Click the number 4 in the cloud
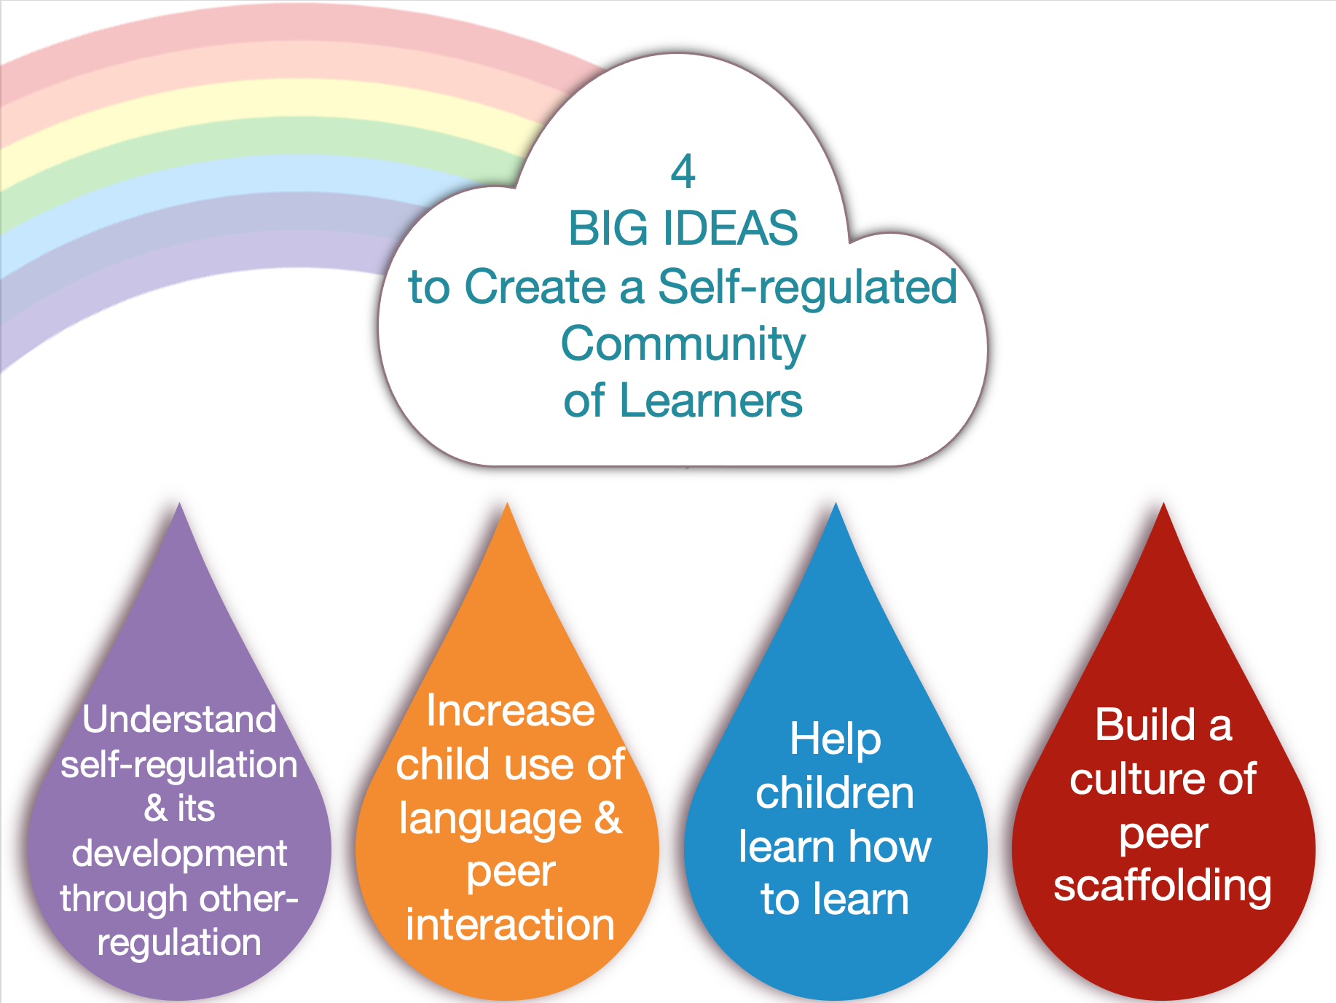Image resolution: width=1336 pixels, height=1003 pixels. (683, 172)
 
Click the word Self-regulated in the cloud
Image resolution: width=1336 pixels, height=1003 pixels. (807, 287)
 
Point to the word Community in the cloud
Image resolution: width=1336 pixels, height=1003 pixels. (683, 345)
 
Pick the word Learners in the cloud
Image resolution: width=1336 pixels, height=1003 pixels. (710, 401)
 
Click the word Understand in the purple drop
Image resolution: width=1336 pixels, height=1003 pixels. (179, 720)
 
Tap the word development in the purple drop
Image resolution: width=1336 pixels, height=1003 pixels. (179, 854)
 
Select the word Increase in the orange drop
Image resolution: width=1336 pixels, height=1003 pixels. (510, 711)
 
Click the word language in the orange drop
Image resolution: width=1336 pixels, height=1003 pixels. (490, 819)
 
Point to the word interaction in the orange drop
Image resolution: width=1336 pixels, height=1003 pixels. (510, 925)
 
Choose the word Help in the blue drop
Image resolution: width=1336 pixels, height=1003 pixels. (836, 740)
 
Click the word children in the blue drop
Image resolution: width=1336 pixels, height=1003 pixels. (835, 793)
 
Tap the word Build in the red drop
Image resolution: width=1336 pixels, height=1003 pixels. (1146, 725)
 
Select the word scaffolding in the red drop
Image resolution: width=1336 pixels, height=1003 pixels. (1163, 886)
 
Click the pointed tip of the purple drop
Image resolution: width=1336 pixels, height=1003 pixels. (179, 506)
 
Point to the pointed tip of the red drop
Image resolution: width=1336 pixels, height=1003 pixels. (1163, 506)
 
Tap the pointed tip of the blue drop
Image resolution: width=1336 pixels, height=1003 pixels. (836, 506)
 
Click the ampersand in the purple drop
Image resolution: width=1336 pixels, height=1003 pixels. (155, 809)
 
